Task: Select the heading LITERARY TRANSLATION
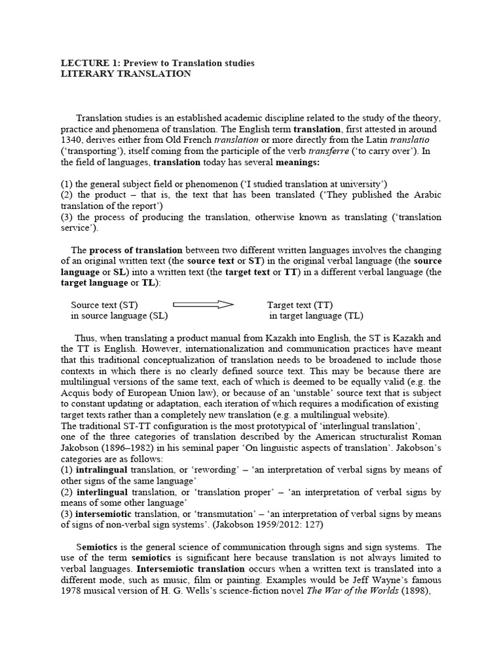(126, 74)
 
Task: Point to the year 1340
(73, 140)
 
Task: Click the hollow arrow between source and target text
(203, 304)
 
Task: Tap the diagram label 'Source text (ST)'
(104, 305)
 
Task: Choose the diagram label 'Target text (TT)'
(299, 305)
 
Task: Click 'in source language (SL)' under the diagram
(119, 316)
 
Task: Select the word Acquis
(76, 393)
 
